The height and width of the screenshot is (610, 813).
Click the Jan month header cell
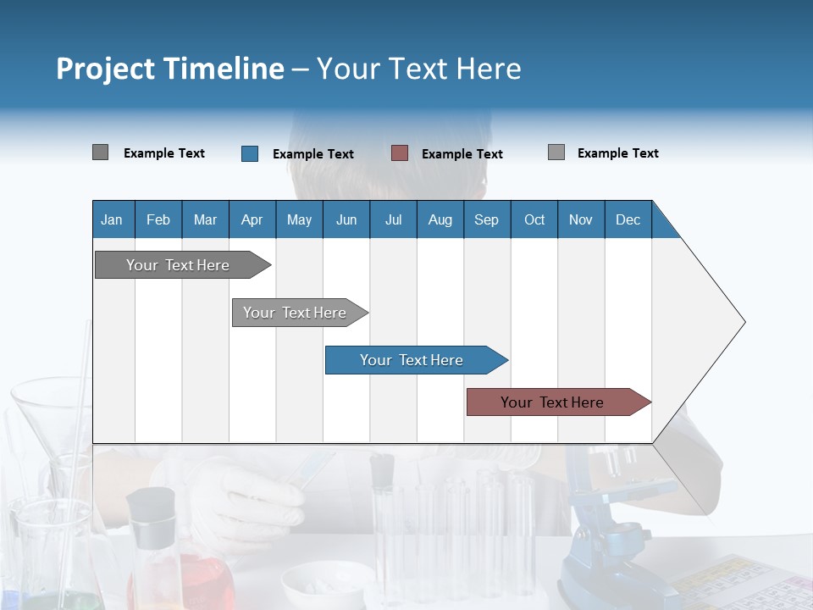point(113,219)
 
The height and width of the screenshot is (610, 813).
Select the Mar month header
point(205,219)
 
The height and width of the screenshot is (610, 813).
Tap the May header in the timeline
point(299,219)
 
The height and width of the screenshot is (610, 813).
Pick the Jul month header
point(393,219)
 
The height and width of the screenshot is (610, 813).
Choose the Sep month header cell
point(486,219)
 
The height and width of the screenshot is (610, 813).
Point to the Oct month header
point(534,219)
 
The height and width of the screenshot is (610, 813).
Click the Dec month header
point(628,219)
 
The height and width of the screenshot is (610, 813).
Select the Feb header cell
point(158,219)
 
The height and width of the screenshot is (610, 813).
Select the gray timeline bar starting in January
point(179,265)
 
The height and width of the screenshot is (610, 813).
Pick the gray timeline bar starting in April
point(296,313)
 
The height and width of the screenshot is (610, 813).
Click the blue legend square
point(250,153)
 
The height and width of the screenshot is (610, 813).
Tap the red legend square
point(400,153)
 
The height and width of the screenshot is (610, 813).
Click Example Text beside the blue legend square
point(313,154)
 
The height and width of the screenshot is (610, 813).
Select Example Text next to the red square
point(462,154)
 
